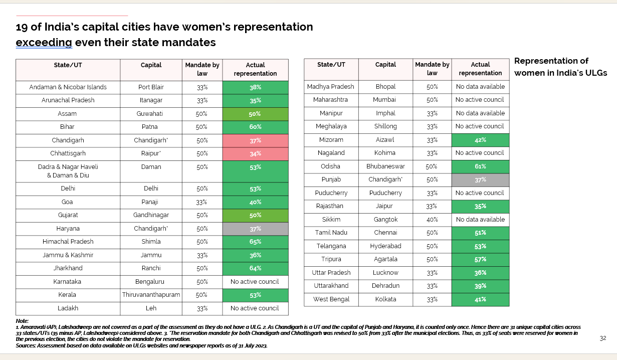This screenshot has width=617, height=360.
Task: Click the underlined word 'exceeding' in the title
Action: click(x=44, y=43)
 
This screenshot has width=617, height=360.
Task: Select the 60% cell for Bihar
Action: click(x=255, y=127)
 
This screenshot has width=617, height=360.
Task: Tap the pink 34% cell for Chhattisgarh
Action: click(x=255, y=153)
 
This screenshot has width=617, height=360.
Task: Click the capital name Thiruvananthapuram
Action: click(x=151, y=295)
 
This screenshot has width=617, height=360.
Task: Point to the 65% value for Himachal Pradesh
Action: click(x=255, y=242)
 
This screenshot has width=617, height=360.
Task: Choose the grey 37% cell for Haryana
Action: click(x=255, y=229)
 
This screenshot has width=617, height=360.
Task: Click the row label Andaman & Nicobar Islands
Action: click(x=68, y=87)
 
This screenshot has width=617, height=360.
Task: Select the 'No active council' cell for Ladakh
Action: click(x=255, y=308)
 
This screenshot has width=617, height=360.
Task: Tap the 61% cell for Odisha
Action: click(x=480, y=166)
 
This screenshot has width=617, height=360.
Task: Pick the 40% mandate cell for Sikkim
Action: click(x=432, y=220)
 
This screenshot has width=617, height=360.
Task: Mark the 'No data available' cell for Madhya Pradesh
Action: click(x=480, y=87)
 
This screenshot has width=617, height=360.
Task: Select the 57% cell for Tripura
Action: click(x=480, y=259)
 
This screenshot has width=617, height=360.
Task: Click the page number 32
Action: click(x=603, y=338)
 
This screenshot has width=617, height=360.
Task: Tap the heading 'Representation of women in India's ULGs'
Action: click(x=560, y=67)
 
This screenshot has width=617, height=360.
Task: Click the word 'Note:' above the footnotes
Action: click(x=23, y=321)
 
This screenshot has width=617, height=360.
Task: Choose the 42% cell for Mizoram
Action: click(x=480, y=140)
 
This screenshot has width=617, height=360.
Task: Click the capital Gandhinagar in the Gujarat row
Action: click(x=151, y=215)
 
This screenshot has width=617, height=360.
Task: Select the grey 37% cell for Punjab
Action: click(x=480, y=179)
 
